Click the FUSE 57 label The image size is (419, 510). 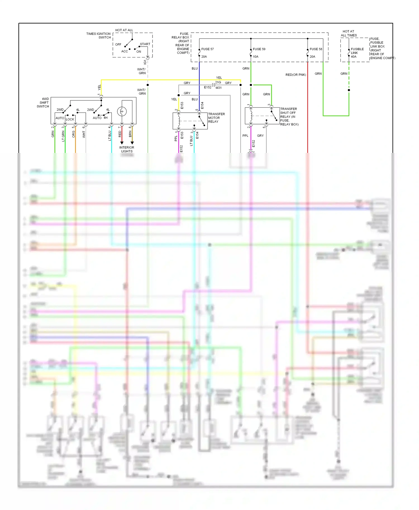click(208, 49)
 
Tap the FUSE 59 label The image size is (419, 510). click(259, 49)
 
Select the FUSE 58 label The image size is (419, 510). click(316, 49)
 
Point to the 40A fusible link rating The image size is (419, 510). click(354, 57)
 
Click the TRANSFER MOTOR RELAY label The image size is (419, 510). click(216, 118)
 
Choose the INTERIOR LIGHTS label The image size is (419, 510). click(127, 149)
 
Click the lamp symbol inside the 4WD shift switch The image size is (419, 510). click(122, 111)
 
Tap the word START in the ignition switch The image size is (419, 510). click(145, 44)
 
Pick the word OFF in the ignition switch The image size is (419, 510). click(118, 44)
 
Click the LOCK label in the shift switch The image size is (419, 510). click(70, 119)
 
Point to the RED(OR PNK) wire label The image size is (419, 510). click(296, 75)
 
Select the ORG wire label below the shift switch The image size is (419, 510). click(74, 134)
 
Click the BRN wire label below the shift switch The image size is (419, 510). click(130, 134)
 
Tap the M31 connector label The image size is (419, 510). click(218, 88)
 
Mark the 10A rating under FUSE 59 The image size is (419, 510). click(256, 57)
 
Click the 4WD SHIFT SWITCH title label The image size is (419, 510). click(43, 103)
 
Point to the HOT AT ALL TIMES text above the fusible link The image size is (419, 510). click(349, 33)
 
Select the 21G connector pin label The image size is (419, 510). click(218, 82)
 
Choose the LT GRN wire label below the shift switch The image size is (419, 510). click(63, 136)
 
